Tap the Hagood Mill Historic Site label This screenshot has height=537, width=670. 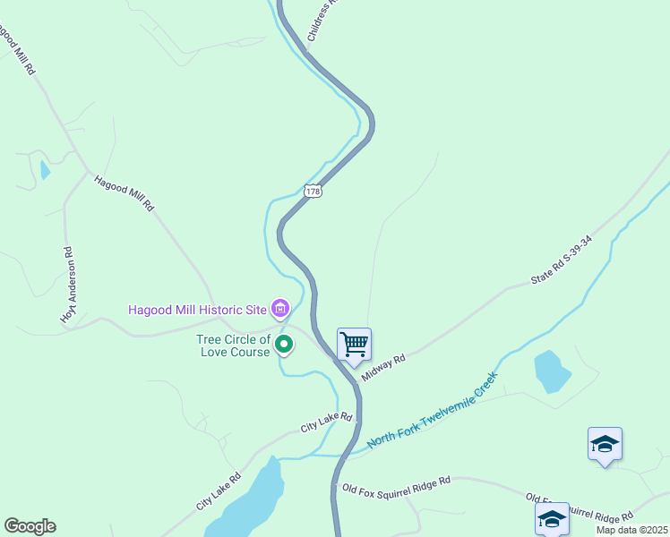pos(198,310)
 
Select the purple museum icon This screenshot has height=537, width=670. pos(281,310)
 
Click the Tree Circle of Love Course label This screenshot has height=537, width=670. pos(233,345)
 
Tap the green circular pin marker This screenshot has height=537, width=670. pos(284,344)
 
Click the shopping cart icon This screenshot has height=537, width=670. pos(354,343)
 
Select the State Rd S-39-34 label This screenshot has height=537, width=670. pos(562,261)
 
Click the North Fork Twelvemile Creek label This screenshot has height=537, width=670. pos(432,413)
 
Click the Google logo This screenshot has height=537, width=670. pos(30,526)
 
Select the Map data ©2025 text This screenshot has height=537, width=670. pos(632,530)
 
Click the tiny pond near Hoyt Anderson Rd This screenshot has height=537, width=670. pos(45,169)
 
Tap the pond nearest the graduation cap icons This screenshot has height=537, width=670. pos(551,371)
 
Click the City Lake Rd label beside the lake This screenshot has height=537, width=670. pos(219,491)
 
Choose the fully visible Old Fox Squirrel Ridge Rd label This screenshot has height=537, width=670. pos(396,483)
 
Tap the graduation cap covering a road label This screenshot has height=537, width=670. pos(552,518)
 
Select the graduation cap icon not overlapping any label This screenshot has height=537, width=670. pos(605,443)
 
